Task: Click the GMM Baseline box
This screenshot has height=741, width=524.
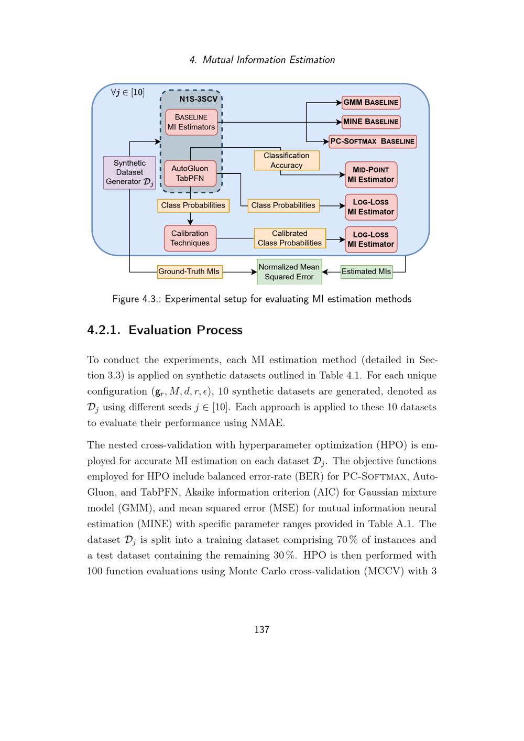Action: (371, 102)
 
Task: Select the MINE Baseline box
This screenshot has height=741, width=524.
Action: (371, 122)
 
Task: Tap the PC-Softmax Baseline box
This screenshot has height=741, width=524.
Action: (373, 141)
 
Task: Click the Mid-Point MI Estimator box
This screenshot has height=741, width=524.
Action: (371, 175)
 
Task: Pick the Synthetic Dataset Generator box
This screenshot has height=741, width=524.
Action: (129, 172)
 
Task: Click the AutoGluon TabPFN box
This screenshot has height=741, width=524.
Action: (190, 173)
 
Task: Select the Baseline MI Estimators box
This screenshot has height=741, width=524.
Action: (191, 122)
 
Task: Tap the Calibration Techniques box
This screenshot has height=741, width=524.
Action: (190, 238)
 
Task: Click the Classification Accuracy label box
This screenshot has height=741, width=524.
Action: (287, 160)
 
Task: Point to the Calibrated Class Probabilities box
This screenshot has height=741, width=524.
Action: (290, 238)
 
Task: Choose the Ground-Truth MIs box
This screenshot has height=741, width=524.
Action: (189, 271)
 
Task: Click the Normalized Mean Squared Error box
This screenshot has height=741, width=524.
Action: (289, 271)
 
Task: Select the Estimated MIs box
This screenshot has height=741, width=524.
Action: (366, 271)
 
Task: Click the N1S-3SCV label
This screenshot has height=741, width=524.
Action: (199, 99)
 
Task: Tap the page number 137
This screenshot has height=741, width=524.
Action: (261, 630)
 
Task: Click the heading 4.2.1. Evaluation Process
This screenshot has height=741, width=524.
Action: (165, 330)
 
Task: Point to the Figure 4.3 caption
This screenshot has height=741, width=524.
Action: (261, 299)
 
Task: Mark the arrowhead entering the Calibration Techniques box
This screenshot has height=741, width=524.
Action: (190, 223)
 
